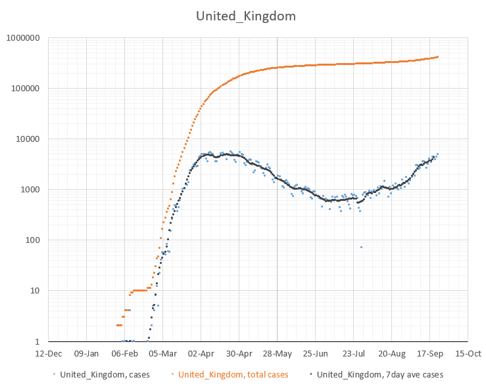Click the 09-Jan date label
coord(86,353)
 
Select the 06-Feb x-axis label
coord(124,353)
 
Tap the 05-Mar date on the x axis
coord(162,353)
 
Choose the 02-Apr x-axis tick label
coord(201,353)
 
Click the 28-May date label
coord(277,353)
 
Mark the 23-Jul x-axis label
coord(353,353)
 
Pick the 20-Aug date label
coord(391,353)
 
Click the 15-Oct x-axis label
coord(468,353)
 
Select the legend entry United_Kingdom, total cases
coord(233,375)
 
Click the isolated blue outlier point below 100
coord(361,247)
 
